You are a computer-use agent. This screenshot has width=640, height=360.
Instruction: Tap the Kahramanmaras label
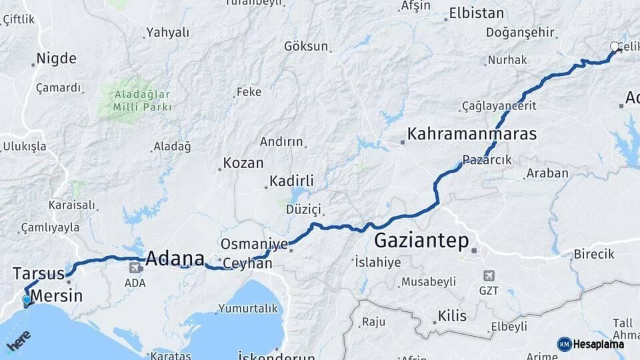(472, 134)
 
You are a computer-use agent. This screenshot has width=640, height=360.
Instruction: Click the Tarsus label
(38, 273)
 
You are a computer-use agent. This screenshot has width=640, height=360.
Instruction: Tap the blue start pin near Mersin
(26, 301)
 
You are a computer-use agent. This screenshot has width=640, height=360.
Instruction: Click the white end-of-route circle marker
(615, 47)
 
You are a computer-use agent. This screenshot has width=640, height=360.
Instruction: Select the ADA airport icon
(135, 268)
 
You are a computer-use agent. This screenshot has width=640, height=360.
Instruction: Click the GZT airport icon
(489, 276)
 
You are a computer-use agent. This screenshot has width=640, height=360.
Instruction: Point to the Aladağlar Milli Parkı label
(143, 100)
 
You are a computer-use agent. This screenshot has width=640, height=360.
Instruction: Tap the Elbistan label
(477, 13)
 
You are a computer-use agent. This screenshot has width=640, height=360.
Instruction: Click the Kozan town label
(243, 163)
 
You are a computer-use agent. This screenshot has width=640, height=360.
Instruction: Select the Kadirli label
(291, 181)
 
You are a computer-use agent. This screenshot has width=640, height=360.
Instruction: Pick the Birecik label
(595, 254)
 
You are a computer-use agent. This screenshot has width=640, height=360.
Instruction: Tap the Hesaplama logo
(591, 344)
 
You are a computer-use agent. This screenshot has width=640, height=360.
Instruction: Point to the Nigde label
(56, 59)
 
